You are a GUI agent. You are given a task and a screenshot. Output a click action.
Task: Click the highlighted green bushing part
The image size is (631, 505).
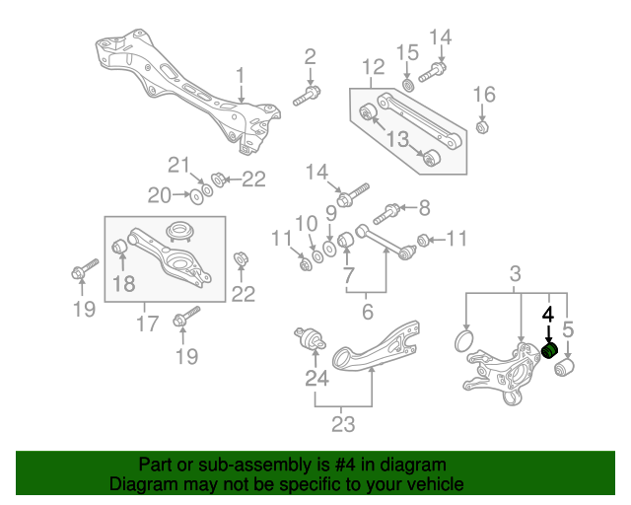[x=551, y=352]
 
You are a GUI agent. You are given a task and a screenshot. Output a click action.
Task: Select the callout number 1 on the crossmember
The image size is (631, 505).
[x=240, y=75]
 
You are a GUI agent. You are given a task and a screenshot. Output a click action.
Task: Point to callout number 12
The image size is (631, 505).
[x=373, y=67]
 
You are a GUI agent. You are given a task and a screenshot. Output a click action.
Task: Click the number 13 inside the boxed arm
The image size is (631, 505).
[x=397, y=141]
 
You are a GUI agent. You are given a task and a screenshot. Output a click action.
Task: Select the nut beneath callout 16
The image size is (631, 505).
[x=483, y=127]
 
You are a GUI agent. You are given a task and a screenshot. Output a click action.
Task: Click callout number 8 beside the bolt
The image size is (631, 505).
[x=425, y=207]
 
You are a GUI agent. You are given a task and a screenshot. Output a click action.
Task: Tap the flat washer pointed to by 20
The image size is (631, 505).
[x=196, y=196]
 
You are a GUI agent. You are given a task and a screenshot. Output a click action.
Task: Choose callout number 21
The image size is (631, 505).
[x=176, y=164]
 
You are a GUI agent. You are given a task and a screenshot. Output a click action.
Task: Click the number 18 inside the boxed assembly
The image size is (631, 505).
[x=122, y=284]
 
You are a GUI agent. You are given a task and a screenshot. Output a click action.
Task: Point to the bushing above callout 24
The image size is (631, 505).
[x=313, y=341]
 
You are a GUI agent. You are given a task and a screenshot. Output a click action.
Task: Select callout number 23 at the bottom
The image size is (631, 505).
[x=342, y=426]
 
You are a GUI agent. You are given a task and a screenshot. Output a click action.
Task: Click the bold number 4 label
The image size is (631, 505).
[x=548, y=316]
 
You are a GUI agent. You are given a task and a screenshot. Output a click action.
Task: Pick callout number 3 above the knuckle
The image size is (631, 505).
[x=516, y=273]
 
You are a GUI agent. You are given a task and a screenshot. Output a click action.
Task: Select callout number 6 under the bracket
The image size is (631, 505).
[x=368, y=312]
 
